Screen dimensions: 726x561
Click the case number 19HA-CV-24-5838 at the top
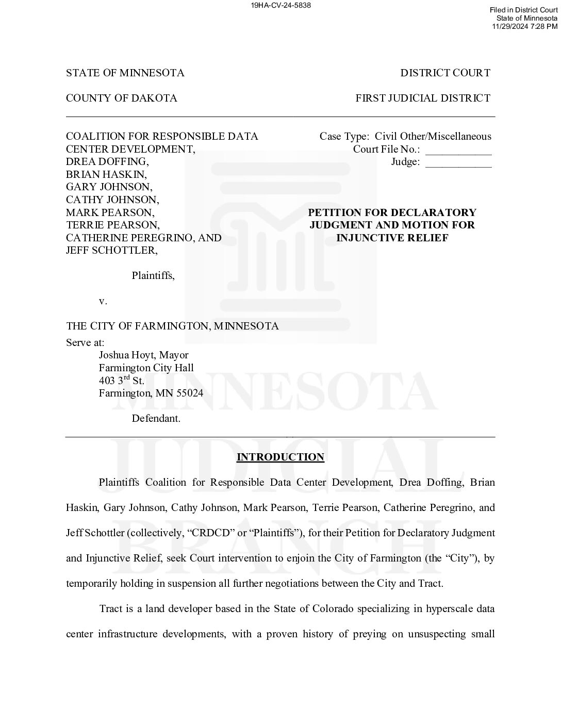click(x=280, y=5)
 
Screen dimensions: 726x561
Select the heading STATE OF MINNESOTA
click(x=125, y=73)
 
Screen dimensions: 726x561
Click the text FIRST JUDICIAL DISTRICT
click(x=423, y=98)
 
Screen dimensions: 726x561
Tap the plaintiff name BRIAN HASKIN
click(x=106, y=174)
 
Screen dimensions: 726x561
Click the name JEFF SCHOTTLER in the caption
click(x=111, y=250)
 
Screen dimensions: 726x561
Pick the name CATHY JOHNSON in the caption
click(x=112, y=200)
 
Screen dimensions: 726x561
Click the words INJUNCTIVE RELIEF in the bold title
click(x=392, y=238)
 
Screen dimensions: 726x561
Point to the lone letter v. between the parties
click(x=103, y=301)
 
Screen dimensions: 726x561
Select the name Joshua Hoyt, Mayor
click(x=143, y=355)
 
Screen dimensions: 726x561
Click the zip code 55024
click(x=190, y=393)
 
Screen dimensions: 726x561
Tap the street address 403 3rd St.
click(x=122, y=381)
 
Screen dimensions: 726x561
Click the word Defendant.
click(x=156, y=418)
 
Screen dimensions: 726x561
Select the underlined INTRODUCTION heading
click(x=280, y=457)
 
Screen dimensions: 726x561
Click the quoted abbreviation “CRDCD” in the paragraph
click(x=205, y=533)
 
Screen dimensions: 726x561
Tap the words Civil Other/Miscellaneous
click(x=433, y=136)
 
